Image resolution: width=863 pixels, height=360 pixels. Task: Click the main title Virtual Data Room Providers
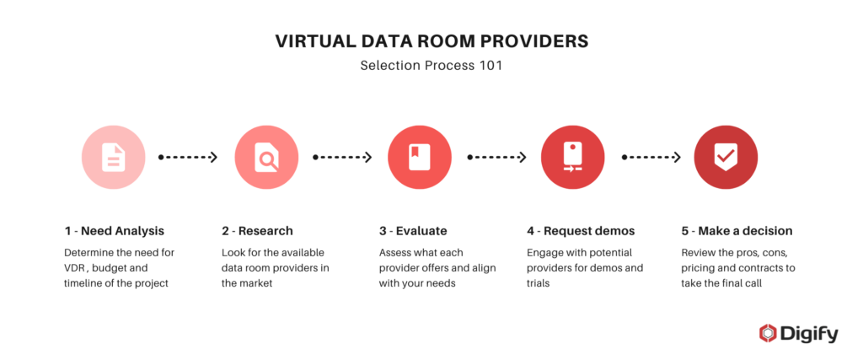tap(431, 40)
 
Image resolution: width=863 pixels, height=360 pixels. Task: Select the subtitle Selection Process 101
tap(431, 64)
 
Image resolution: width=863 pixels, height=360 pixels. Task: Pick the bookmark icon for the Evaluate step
tap(419, 157)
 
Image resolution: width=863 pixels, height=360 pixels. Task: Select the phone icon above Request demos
tap(572, 157)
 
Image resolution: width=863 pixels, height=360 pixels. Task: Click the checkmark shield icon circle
tap(725, 157)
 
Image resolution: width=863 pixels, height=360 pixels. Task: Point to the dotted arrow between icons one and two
tap(189, 157)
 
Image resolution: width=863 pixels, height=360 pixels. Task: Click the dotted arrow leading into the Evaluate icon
tap(342, 157)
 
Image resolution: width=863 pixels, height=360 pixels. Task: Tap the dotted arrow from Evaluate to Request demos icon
tap(496, 157)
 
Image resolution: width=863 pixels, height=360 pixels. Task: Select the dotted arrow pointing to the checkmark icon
tap(650, 157)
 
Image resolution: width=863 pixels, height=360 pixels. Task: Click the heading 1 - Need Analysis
tap(114, 231)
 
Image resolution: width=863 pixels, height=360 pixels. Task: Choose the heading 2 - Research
tap(257, 231)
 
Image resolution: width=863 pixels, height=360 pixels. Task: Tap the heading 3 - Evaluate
tap(413, 231)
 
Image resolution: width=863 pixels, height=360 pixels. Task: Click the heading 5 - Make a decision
tap(737, 231)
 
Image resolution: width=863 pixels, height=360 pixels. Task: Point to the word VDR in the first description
tap(77, 268)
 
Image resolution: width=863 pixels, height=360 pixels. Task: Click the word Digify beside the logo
tap(808, 334)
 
